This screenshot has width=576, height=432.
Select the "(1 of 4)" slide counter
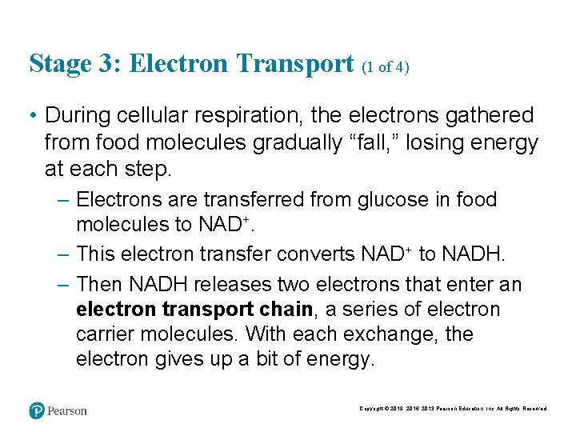click(x=386, y=67)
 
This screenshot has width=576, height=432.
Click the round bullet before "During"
click(x=34, y=117)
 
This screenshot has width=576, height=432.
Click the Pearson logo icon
click(x=37, y=411)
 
